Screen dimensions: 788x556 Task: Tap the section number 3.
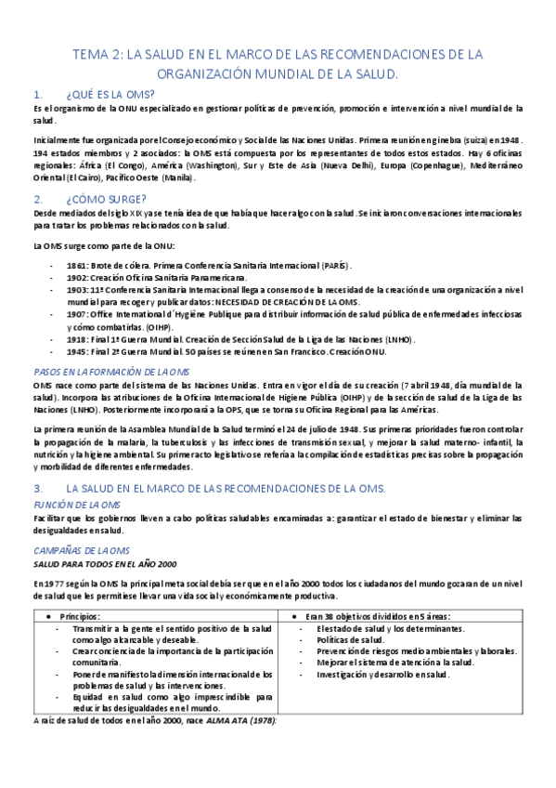point(36,488)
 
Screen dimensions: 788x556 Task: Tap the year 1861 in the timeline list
point(77,265)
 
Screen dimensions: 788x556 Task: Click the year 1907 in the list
point(77,314)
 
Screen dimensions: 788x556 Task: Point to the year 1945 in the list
point(77,352)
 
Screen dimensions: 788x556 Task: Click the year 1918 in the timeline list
point(77,340)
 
